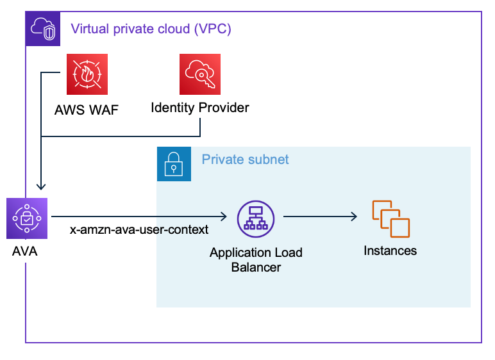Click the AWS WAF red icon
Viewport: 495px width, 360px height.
[87, 74]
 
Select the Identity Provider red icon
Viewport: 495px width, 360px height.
[199, 74]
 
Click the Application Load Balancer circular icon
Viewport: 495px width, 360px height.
[256, 218]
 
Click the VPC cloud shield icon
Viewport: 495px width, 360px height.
[42, 29]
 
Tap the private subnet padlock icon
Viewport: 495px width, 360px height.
[174, 163]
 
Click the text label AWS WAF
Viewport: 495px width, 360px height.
[87, 108]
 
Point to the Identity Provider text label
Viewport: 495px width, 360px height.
[199, 108]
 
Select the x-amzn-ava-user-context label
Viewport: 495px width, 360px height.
[139, 229]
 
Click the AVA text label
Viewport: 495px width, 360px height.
[25, 251]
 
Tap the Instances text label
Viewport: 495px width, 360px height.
[390, 250]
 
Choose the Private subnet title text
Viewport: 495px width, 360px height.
[245, 159]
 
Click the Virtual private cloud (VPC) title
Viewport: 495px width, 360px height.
[151, 29]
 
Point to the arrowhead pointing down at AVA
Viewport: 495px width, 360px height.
[41, 187]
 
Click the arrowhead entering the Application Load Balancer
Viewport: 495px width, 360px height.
[225, 218]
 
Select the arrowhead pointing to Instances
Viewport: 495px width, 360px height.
[354, 218]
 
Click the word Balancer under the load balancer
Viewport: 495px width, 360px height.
[256, 266]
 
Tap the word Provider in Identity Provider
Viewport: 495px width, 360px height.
[224, 108]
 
